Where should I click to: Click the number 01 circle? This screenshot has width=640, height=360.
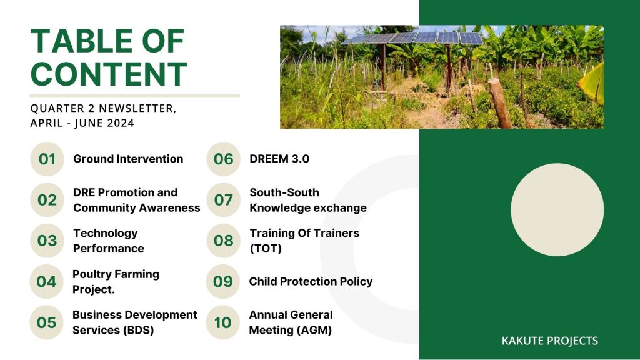(47, 159)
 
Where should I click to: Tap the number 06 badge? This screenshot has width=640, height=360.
(223, 159)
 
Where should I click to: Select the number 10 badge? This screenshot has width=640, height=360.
(222, 322)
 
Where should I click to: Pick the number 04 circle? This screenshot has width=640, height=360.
(46, 282)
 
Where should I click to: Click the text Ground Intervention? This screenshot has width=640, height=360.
(128, 159)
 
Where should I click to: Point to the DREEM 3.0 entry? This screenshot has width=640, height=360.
(279, 159)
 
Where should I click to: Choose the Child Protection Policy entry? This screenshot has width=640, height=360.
(311, 282)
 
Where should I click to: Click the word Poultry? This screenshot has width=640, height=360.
(92, 274)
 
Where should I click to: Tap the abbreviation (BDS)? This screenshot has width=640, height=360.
(137, 330)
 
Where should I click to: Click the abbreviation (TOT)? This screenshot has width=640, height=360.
(266, 248)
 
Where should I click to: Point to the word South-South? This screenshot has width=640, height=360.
(284, 192)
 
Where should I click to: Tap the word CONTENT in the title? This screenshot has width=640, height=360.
(109, 74)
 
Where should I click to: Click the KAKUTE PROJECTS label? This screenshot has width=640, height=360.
(550, 341)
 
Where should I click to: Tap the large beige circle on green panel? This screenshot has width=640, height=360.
(557, 210)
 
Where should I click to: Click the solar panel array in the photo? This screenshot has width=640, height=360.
(412, 38)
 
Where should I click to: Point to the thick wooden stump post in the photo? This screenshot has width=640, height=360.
(500, 103)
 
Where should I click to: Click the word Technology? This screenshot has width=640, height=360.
(105, 233)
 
